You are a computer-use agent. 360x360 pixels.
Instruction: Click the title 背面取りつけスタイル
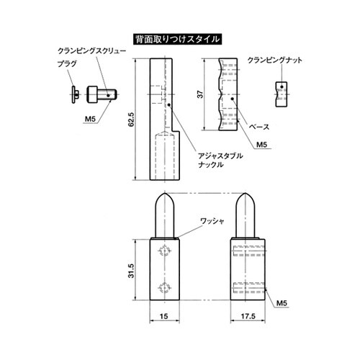click(177, 40)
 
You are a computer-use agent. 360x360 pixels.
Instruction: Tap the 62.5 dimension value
click(132, 120)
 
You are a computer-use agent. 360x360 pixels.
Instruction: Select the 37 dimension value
click(200, 94)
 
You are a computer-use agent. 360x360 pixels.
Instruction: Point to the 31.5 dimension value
click(131, 270)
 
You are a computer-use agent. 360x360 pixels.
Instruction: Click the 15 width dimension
click(163, 316)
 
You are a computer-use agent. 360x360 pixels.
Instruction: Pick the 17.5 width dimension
click(248, 316)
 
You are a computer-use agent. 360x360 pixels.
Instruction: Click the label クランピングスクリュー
click(92, 51)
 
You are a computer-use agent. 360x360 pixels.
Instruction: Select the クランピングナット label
click(274, 60)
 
